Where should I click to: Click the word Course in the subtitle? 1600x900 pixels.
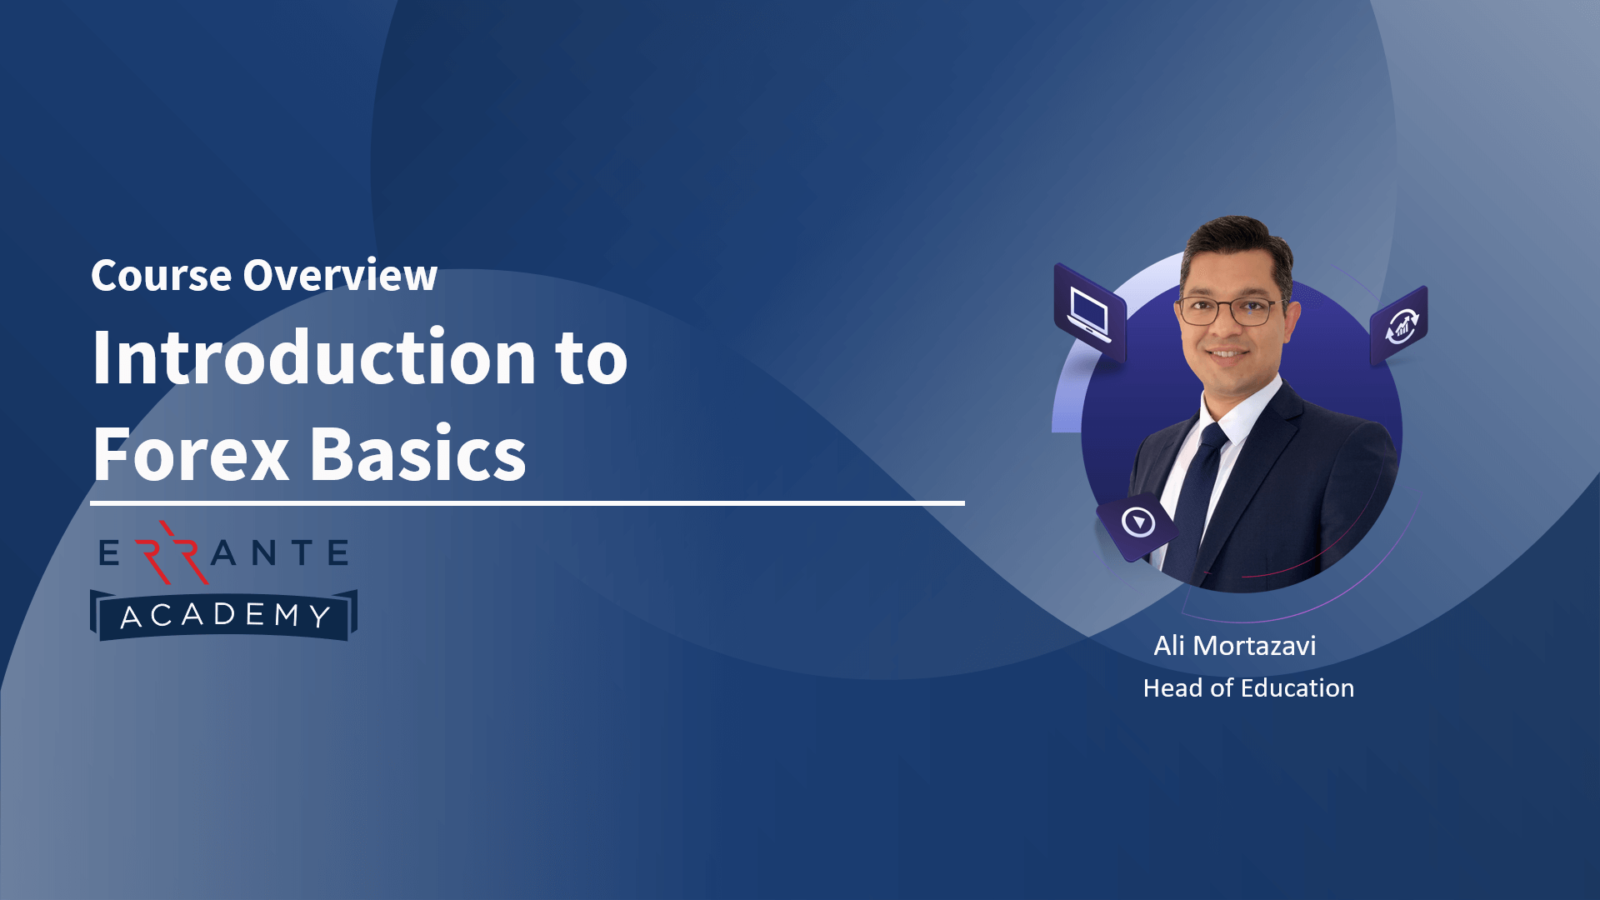coord(161,276)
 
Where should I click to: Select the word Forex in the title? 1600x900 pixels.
coord(191,455)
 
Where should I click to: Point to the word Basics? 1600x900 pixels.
coord(418,455)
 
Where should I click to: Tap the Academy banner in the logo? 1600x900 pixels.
coord(223,616)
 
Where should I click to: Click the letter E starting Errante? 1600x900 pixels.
coord(109,553)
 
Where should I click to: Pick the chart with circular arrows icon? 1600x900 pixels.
coord(1400,325)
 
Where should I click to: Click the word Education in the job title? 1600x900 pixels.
coord(1297,688)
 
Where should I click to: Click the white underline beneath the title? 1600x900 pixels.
coord(527,503)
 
